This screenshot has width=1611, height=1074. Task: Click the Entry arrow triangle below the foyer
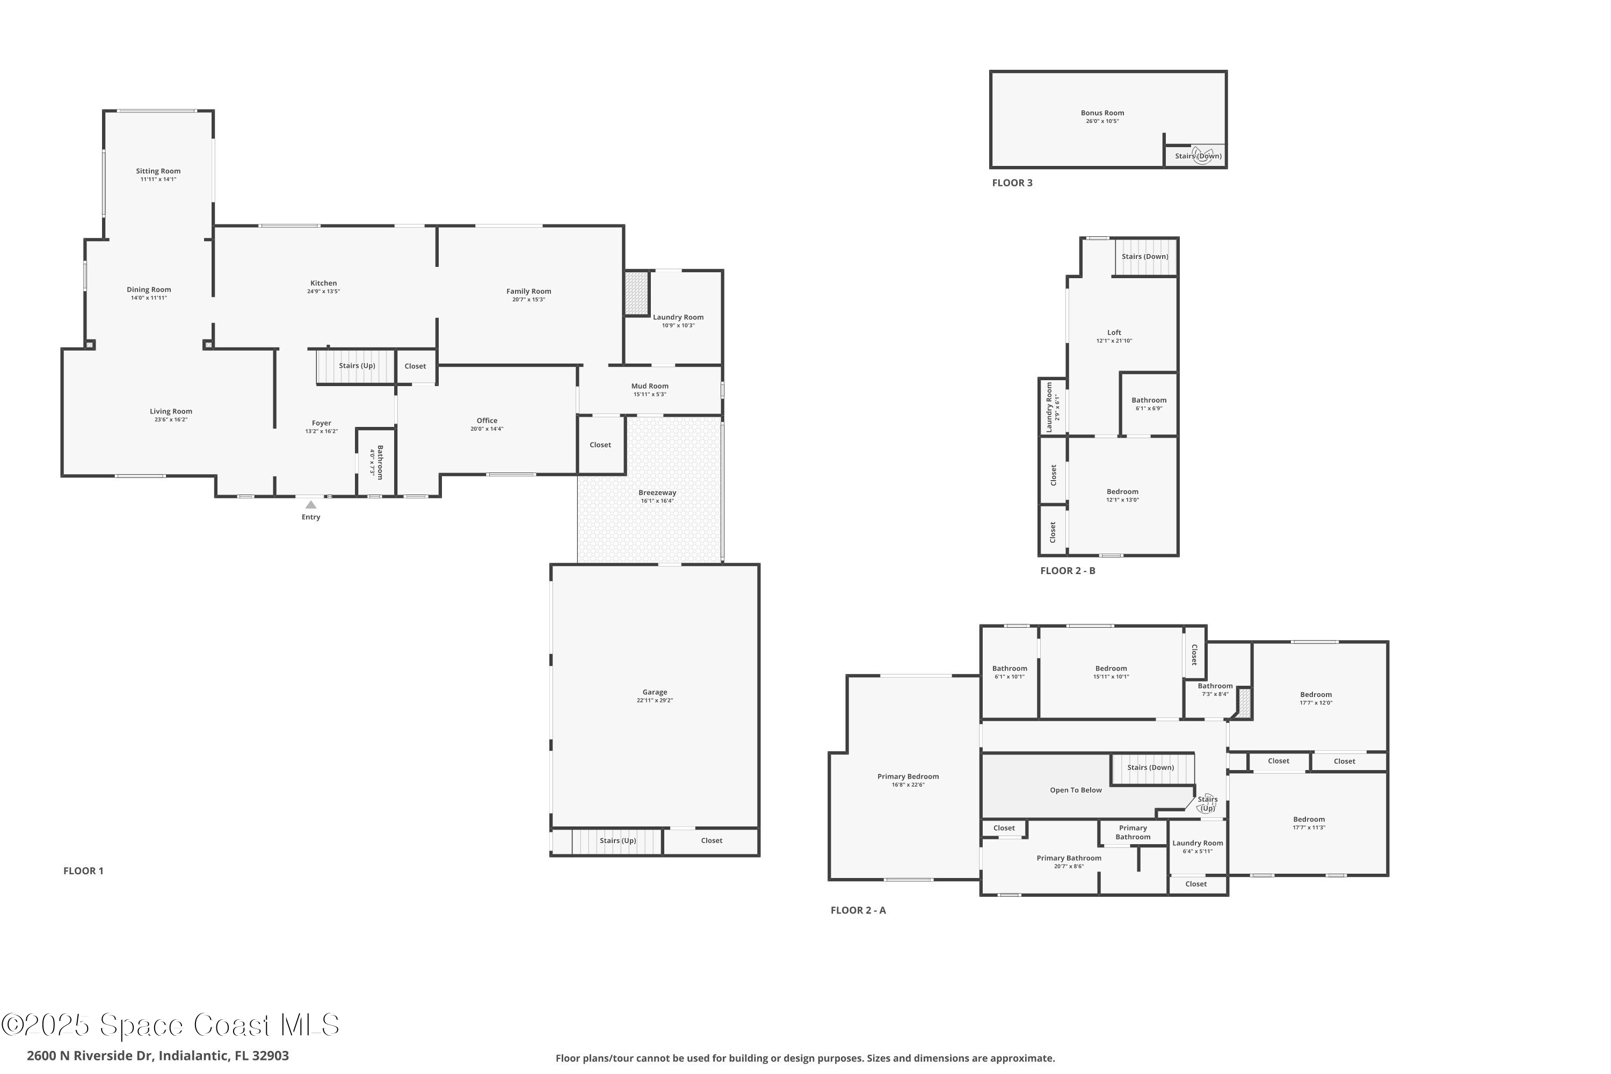[311, 505]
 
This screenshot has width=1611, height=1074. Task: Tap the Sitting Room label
[158, 171]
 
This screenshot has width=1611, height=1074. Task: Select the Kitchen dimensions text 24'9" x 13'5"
[323, 292]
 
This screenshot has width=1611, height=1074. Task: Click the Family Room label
[529, 291]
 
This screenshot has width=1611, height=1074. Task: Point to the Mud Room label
[649, 386]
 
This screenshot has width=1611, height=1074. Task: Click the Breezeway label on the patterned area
[657, 492]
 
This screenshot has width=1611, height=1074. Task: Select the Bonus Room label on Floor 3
[1102, 113]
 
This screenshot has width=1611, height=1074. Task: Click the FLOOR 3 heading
[1012, 183]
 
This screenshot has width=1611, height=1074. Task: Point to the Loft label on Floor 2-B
[1114, 332]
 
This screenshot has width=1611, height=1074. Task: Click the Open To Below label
[1076, 790]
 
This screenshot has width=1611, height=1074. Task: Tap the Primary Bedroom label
[908, 776]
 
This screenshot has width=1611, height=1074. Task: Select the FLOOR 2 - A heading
[858, 910]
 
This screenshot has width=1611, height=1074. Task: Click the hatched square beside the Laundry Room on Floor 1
[636, 293]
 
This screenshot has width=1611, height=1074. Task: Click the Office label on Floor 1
[487, 420]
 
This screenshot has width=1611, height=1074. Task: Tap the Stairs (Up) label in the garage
[618, 840]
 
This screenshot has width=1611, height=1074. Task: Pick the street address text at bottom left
[157, 1056]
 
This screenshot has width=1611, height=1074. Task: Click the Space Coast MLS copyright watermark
[170, 1025]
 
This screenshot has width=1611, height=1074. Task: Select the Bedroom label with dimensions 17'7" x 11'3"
[1308, 819]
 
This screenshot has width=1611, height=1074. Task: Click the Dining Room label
[149, 290]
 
